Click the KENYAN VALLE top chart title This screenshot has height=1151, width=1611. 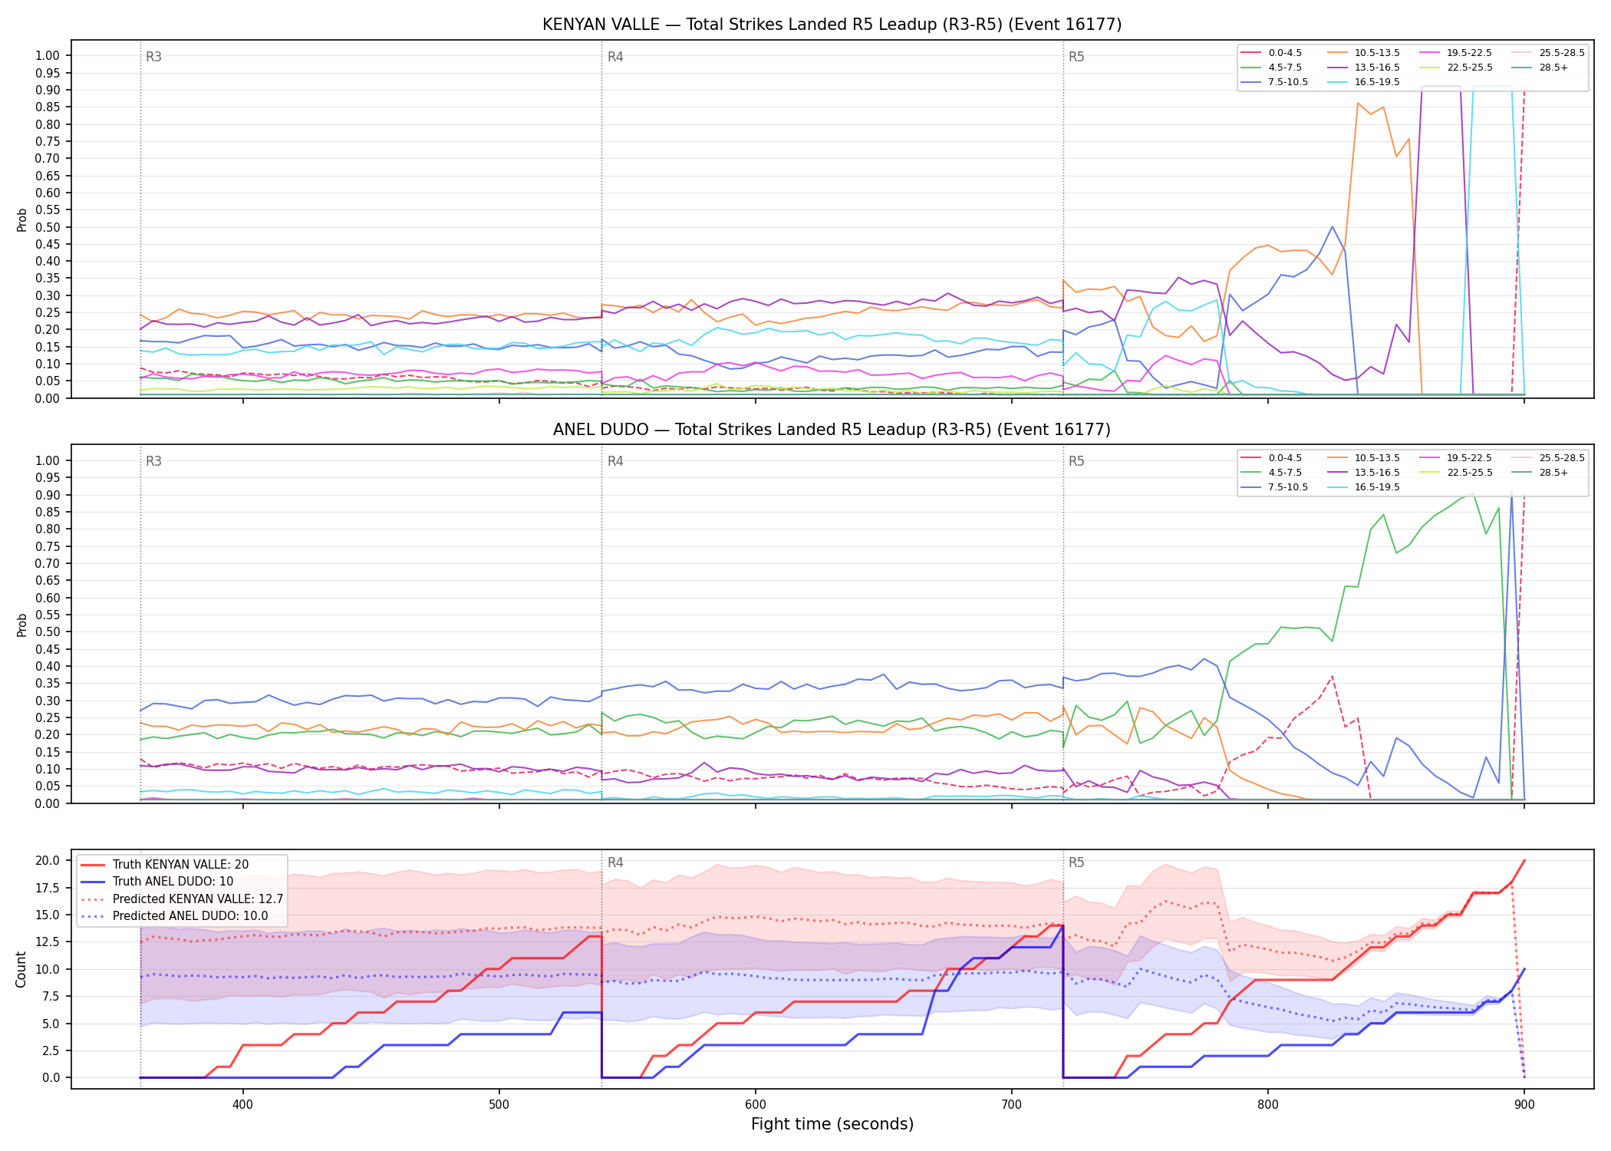(x=832, y=25)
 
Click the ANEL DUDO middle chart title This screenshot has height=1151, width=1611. (x=832, y=430)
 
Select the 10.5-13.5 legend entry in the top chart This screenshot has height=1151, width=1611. (x=1377, y=53)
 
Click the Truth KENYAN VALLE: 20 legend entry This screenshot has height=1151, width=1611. (x=180, y=864)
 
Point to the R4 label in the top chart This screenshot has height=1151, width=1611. (x=615, y=57)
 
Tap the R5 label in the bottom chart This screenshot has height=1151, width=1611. (x=1076, y=862)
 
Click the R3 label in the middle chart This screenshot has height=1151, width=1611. (x=153, y=461)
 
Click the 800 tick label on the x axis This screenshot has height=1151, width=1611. (x=1268, y=1104)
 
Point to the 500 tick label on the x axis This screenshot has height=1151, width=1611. (x=499, y=1104)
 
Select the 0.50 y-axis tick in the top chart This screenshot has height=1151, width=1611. (x=48, y=227)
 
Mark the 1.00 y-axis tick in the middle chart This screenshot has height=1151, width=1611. (x=48, y=460)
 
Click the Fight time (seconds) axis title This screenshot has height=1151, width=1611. (x=832, y=1124)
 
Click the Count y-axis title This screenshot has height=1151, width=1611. (x=21, y=969)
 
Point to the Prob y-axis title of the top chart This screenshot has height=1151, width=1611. (x=22, y=219)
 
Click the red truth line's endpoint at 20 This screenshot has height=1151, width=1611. (x=1524, y=860)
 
